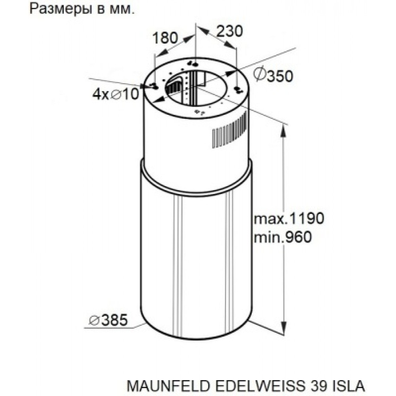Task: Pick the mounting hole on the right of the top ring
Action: pos(238,89)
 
